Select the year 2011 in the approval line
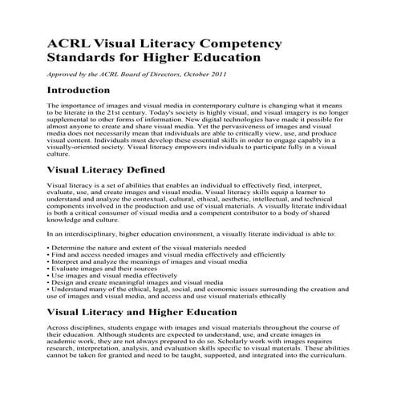point(217,75)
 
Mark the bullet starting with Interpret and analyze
point(132,262)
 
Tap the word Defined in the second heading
point(143,192)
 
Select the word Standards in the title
point(81,58)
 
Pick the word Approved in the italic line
point(63,75)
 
